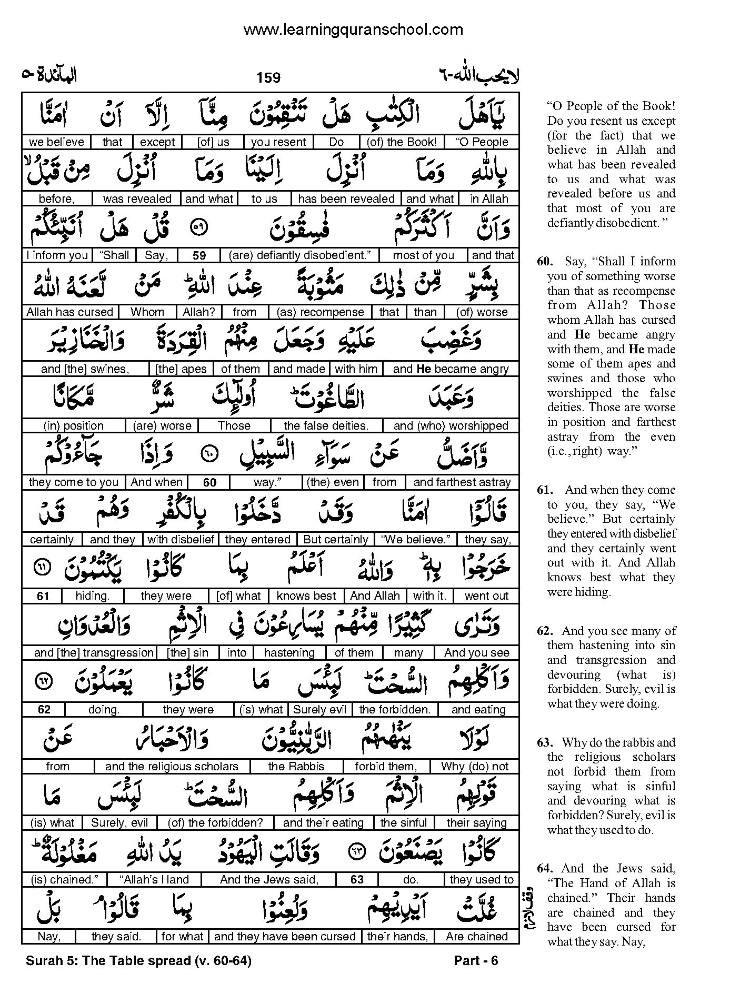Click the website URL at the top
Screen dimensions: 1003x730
coord(353,30)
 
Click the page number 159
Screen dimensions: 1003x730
coord(268,78)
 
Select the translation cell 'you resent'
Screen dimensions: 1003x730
coord(278,142)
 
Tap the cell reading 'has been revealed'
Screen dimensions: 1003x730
coord(346,199)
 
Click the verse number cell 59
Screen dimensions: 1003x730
coord(199,256)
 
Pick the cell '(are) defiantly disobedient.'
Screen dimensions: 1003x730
coord(300,255)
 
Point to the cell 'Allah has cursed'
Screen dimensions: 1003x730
coord(70,312)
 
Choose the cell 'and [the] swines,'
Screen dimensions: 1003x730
coord(85,369)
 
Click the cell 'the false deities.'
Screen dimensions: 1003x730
coord(326,426)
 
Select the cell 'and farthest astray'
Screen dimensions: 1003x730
coord(462,482)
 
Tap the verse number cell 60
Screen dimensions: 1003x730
coord(209,483)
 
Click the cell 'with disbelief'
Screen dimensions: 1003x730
coord(181,540)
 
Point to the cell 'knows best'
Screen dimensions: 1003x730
coord(306,596)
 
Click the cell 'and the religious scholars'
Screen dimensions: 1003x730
coord(172,767)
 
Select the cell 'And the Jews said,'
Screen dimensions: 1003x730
coord(269,880)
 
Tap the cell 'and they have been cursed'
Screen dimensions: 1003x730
coord(285,937)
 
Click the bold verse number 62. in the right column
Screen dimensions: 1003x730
coord(546,631)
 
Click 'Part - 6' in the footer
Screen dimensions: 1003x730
coord(476,961)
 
